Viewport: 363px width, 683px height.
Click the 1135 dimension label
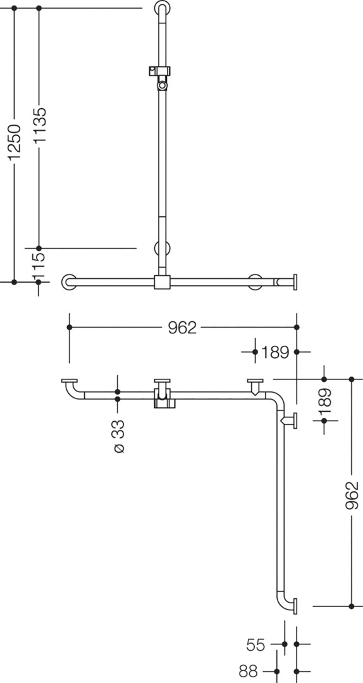(40, 125)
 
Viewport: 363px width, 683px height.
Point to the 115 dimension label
(39, 265)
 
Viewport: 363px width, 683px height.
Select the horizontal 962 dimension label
(182, 328)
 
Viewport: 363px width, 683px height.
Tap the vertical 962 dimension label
(352, 495)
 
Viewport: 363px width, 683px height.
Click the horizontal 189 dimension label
(275, 352)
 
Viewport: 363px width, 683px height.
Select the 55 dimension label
(255, 644)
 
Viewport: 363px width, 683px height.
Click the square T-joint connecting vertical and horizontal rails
(162, 281)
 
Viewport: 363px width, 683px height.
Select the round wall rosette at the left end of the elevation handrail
(69, 282)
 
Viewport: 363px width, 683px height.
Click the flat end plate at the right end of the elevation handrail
(295, 282)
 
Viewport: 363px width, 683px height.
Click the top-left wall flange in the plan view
(69, 381)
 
